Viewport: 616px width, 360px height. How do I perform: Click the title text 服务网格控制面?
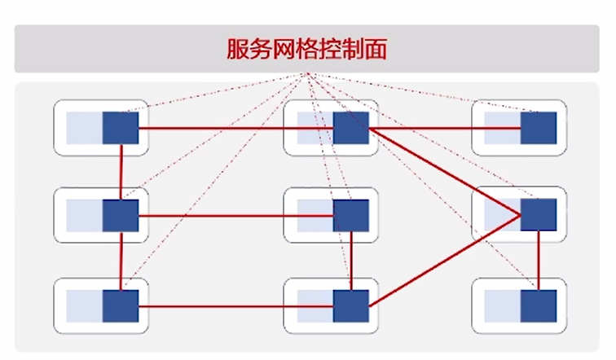[x=306, y=49]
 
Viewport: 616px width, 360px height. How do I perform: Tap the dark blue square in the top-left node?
[x=121, y=128]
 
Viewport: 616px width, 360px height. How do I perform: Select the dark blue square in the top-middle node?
[x=350, y=128]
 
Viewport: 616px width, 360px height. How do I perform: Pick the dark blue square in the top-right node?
[x=539, y=128]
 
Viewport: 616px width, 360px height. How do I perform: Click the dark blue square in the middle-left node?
[x=121, y=215]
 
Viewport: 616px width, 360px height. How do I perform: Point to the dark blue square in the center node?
[x=350, y=215]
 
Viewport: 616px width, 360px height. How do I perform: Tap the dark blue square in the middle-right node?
[x=539, y=215]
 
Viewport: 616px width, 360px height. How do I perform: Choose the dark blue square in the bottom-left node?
[x=121, y=305]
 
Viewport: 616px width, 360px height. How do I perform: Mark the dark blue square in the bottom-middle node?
[x=350, y=305]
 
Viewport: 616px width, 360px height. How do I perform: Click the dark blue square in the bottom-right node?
[x=539, y=305]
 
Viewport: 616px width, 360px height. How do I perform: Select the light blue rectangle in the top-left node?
[x=84, y=128]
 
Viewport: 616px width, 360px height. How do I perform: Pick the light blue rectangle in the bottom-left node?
[x=84, y=305]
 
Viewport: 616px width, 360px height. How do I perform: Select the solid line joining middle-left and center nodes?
[x=236, y=216]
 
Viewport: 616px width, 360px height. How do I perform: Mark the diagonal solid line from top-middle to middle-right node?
[x=444, y=171]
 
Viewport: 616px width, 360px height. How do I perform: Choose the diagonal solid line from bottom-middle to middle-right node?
[x=444, y=261]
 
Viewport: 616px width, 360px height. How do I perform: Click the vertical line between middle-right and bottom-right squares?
[x=538, y=261]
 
